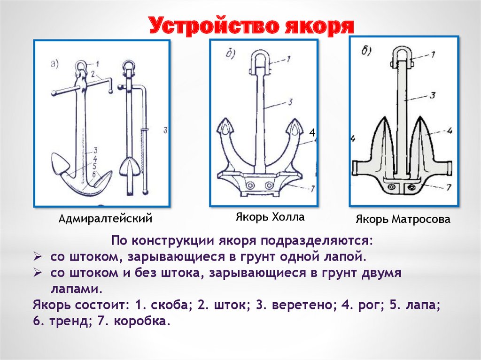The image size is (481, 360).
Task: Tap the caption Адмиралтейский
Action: (106, 219)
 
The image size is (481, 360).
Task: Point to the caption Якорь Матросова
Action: (403, 219)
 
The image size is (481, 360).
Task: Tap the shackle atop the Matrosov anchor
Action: (401, 55)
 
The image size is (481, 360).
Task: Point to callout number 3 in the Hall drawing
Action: (291, 101)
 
